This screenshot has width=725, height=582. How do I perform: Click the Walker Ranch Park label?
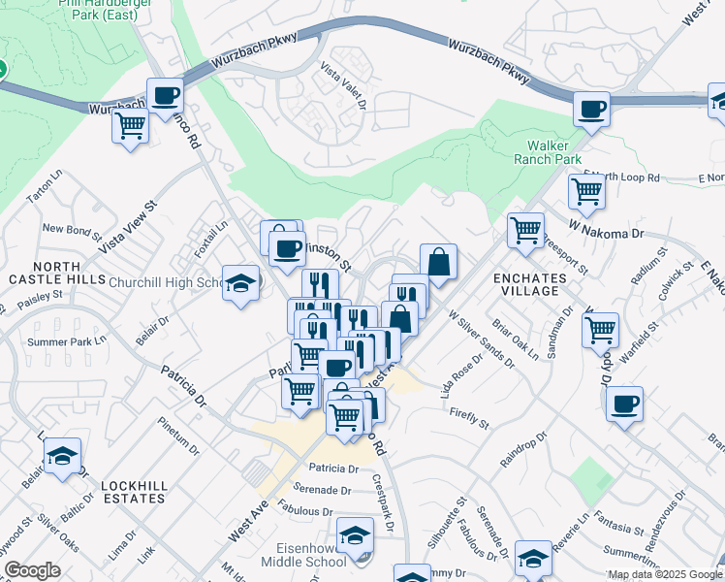tap(546, 151)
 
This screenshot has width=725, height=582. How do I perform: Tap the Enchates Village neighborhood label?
tap(530, 283)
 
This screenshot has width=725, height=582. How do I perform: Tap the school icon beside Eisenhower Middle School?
tap(355, 536)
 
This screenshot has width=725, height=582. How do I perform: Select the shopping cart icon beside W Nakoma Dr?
tap(525, 231)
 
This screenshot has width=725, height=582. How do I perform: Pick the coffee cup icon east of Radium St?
tap(624, 403)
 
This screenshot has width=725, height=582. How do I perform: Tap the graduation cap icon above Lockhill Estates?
tap(62, 457)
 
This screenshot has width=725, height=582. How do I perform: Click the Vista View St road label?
tap(124, 236)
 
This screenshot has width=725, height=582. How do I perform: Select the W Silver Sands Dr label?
tap(481, 339)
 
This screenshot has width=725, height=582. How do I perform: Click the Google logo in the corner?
tap(32, 570)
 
